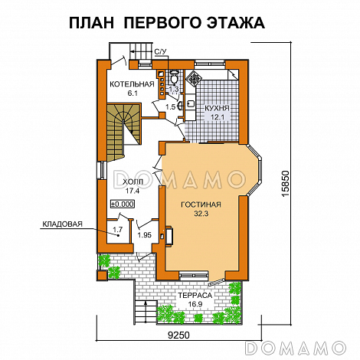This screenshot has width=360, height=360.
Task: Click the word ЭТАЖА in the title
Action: [x=230, y=24]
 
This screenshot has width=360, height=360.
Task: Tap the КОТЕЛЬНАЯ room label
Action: [x=133, y=83]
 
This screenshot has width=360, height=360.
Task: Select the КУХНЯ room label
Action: [x=217, y=108]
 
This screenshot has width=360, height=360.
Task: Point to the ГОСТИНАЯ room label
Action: [x=201, y=205]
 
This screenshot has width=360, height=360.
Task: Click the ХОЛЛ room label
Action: [x=132, y=182]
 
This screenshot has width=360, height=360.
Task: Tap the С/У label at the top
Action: [x=160, y=53]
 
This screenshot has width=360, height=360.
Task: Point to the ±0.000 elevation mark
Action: [x=122, y=204]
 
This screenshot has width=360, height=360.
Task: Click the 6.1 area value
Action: [x=133, y=93]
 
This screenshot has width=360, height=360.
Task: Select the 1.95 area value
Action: [x=143, y=235]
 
